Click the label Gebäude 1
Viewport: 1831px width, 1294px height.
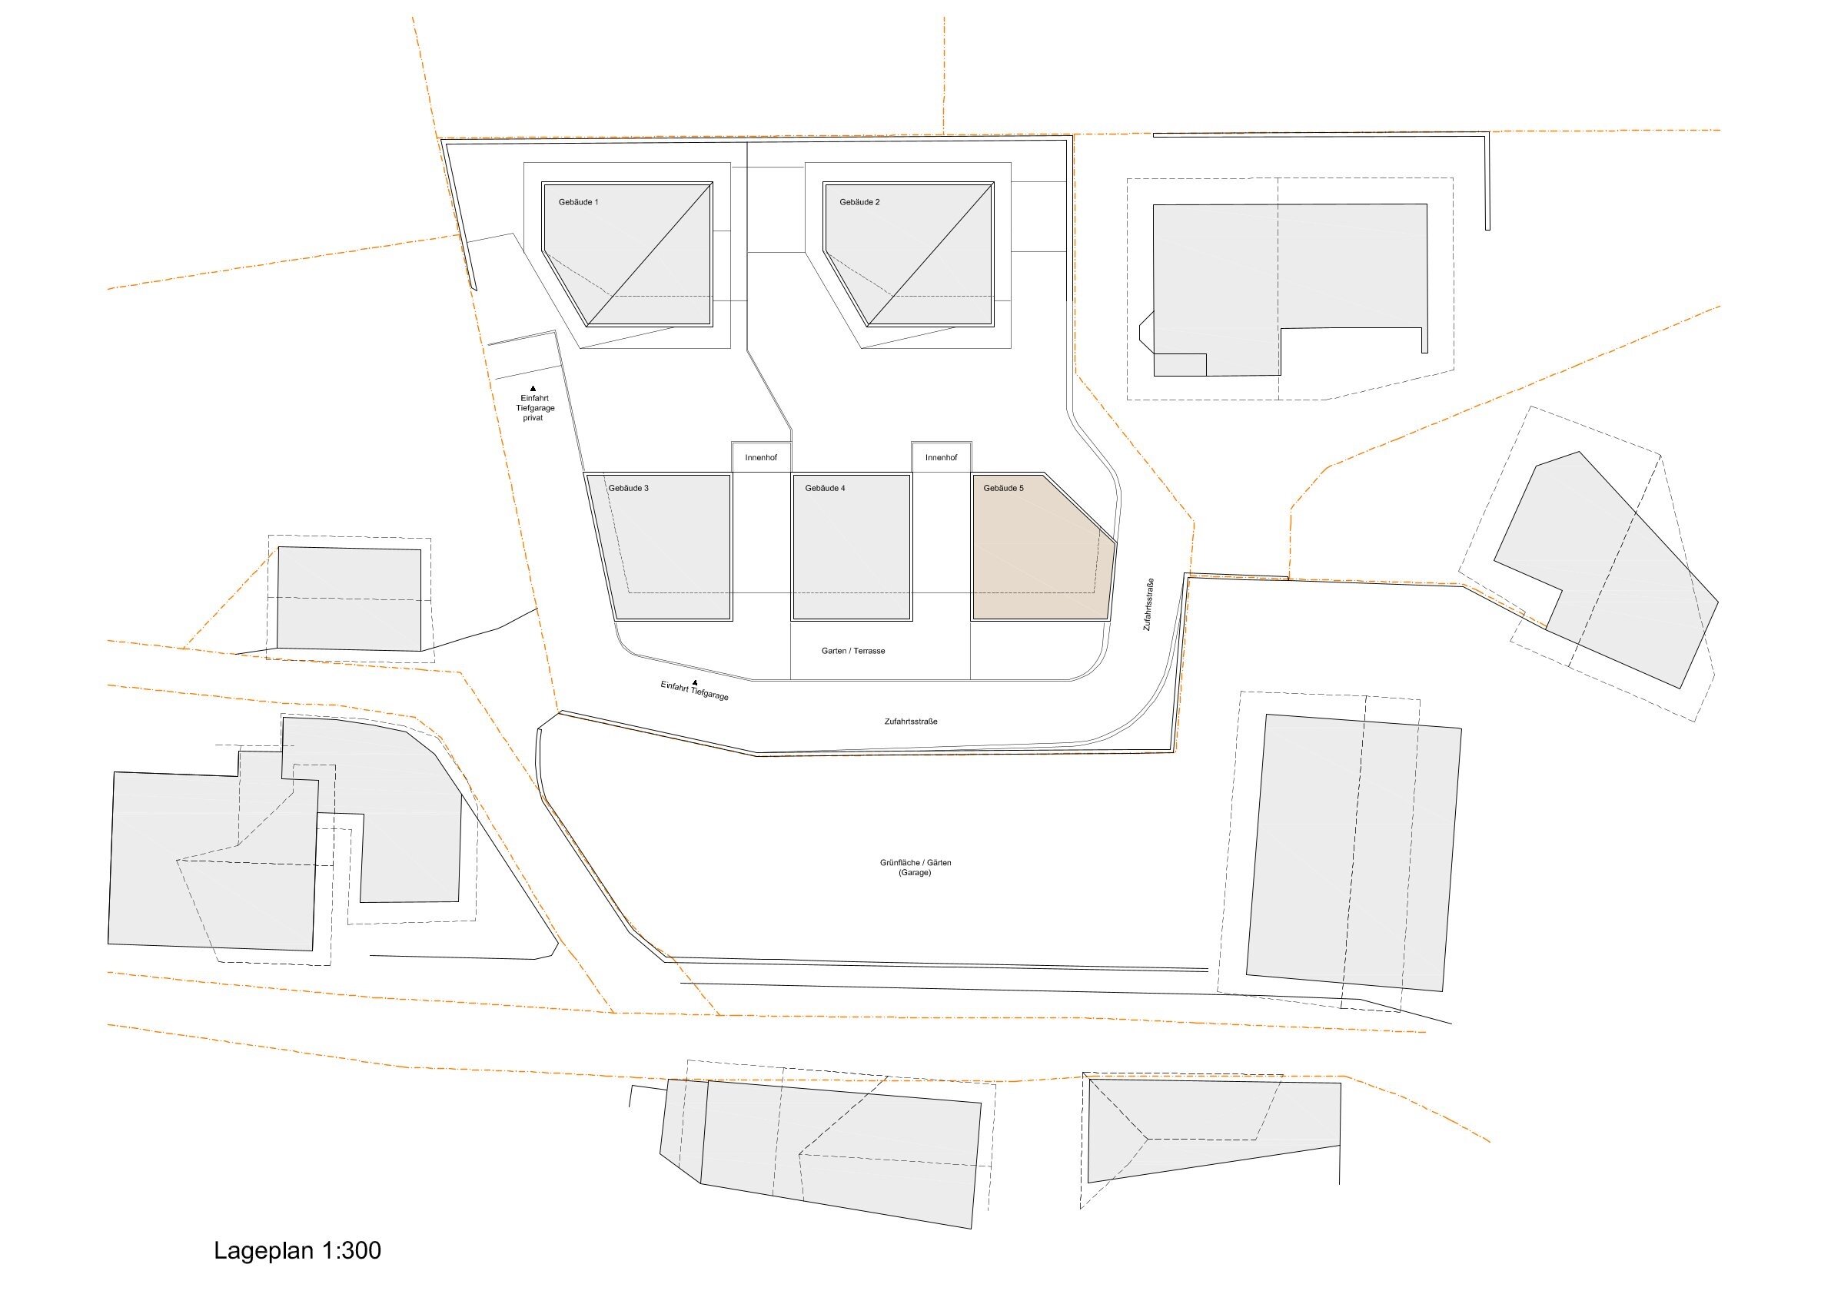pyautogui.click(x=578, y=203)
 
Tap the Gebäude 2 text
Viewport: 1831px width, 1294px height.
pyautogui.click(x=859, y=203)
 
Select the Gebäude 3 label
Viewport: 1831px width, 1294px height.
pyautogui.click(x=629, y=488)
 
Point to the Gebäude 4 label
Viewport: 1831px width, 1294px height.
pyautogui.click(x=826, y=488)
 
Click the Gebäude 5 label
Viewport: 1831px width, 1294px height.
pyautogui.click(x=1004, y=488)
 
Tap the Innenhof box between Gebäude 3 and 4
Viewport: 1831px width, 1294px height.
pyautogui.click(x=762, y=457)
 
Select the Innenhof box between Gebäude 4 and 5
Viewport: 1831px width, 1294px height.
pyautogui.click(x=942, y=457)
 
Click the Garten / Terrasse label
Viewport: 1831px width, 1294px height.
pyautogui.click(x=853, y=652)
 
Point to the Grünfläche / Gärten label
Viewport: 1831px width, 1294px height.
pyautogui.click(x=916, y=863)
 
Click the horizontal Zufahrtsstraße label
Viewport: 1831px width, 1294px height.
pyautogui.click(x=911, y=722)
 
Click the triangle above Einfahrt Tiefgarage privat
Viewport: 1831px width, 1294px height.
pyautogui.click(x=533, y=388)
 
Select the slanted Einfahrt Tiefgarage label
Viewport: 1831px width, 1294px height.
pyautogui.click(x=695, y=692)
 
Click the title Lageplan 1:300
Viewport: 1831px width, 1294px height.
pyautogui.click(x=297, y=1250)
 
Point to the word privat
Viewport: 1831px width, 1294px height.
pyautogui.click(x=533, y=419)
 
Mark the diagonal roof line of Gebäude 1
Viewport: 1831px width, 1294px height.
pyautogui.click(x=648, y=254)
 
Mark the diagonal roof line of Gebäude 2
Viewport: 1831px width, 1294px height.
pyautogui.click(x=930, y=254)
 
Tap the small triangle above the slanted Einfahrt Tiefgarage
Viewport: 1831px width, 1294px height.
pyautogui.click(x=696, y=682)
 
